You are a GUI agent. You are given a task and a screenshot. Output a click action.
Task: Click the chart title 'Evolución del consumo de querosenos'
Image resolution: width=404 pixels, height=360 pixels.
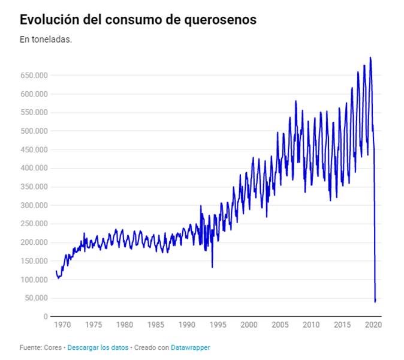point(138,19)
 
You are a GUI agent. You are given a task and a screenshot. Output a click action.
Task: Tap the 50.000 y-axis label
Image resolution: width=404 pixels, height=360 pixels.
point(35,298)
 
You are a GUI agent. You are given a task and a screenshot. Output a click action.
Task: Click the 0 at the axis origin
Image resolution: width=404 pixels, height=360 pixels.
point(45,317)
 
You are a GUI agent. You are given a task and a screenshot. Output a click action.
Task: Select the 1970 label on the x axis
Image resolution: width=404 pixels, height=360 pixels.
point(62,325)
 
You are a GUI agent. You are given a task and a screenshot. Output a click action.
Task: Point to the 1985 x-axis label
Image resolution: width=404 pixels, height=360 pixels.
point(156,325)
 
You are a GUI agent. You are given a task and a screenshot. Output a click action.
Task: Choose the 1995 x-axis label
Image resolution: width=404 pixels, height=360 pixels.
point(218,325)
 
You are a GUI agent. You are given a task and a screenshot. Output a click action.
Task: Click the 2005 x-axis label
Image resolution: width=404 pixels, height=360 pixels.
point(280,325)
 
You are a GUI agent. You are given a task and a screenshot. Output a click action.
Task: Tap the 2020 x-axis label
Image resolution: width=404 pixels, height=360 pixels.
point(373,325)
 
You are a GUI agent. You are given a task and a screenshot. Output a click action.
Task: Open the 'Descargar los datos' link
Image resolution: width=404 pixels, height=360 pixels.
point(98,347)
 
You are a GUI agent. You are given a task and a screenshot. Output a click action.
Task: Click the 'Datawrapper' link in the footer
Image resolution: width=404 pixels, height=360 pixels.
point(191,347)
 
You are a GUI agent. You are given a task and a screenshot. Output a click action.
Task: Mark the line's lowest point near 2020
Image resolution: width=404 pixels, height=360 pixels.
point(375,301)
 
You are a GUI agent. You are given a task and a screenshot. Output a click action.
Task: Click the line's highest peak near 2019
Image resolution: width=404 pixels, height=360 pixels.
point(370,58)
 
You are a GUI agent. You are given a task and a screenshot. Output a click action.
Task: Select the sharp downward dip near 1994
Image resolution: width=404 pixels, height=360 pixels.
point(212,267)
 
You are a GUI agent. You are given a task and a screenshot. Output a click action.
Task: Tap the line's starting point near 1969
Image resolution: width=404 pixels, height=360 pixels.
point(56,271)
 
